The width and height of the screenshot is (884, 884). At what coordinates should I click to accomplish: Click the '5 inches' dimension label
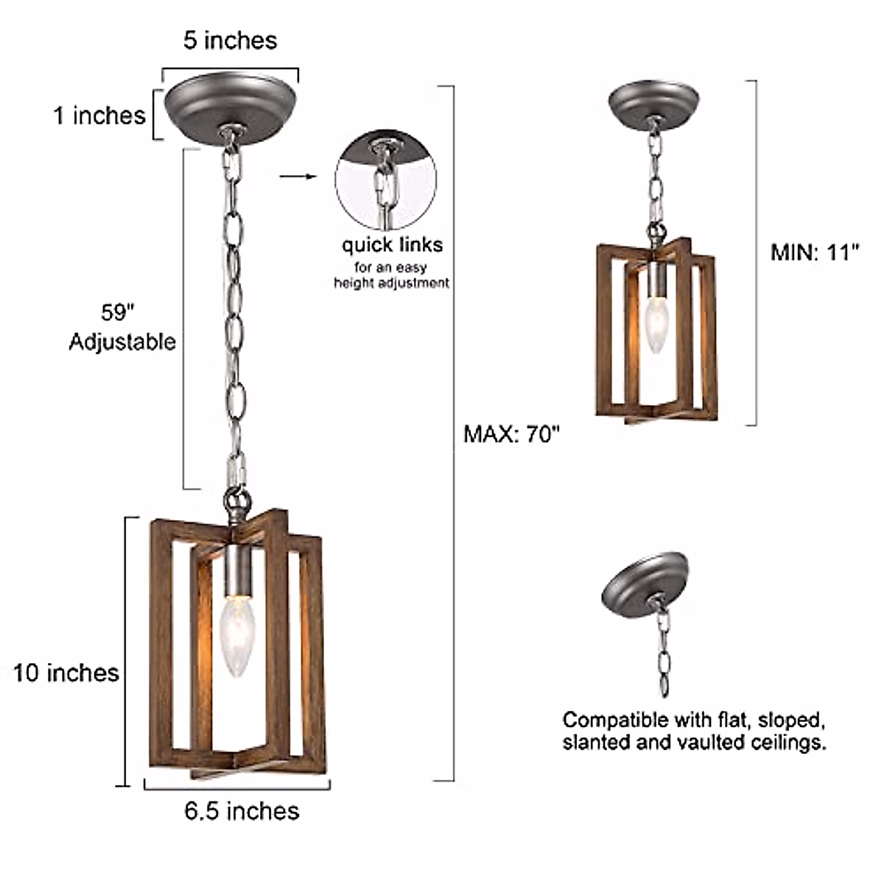(x=230, y=40)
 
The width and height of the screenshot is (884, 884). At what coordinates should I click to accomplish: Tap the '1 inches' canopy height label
(x=99, y=116)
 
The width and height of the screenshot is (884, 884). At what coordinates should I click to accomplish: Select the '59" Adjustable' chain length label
(x=122, y=327)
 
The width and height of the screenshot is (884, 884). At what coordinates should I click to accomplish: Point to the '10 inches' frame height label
(x=66, y=673)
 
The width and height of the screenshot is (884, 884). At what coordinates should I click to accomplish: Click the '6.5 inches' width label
(x=242, y=811)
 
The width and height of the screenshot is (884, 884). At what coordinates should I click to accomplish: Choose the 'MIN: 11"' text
(x=815, y=253)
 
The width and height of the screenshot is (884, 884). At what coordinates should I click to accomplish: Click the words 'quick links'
(x=392, y=245)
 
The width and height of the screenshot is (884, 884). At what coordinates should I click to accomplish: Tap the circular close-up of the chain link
(x=386, y=179)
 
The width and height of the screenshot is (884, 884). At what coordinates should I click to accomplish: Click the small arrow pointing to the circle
(x=298, y=177)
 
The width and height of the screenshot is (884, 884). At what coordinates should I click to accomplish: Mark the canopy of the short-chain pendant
(x=653, y=100)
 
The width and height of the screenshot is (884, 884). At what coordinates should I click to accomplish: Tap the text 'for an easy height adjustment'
(x=391, y=275)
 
